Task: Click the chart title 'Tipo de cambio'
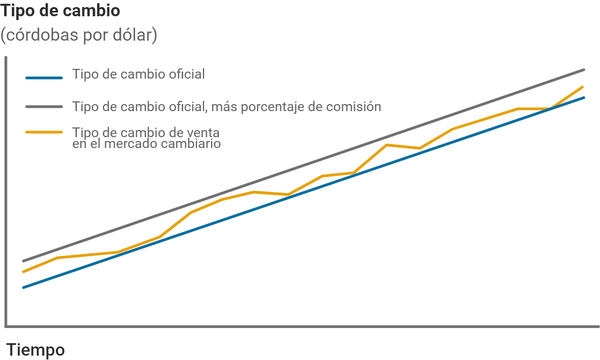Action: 60,11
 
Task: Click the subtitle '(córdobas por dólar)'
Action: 79,36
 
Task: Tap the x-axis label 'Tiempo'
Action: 35,350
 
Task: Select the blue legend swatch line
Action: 44,78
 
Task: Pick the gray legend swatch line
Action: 44,107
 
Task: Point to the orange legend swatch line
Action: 44,132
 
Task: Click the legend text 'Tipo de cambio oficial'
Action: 138,74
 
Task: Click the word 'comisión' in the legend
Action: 354,106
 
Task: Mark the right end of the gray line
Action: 584,69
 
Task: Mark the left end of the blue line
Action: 23,287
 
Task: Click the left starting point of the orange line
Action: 23,272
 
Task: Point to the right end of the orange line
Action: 582,87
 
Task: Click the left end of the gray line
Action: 23,261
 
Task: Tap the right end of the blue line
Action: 584,98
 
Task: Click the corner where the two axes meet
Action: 5,326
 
